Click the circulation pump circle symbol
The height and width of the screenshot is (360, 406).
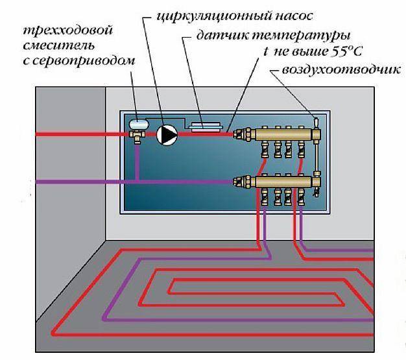coord(167,135)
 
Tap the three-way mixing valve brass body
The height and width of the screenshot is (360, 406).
coord(137,136)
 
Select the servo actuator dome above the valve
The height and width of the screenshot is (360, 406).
coord(139,123)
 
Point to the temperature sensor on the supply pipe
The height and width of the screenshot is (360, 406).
coord(205,127)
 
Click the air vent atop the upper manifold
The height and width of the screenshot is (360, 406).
coord(316,123)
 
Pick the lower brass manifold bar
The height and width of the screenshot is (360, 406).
coord(284,182)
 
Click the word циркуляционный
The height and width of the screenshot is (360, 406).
coord(214,17)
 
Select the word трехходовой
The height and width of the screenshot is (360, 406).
coord(68,31)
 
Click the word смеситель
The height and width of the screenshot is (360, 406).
coord(58,45)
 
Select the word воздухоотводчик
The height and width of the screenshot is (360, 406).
coord(341,70)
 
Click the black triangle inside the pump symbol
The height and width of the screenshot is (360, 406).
coord(169,135)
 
